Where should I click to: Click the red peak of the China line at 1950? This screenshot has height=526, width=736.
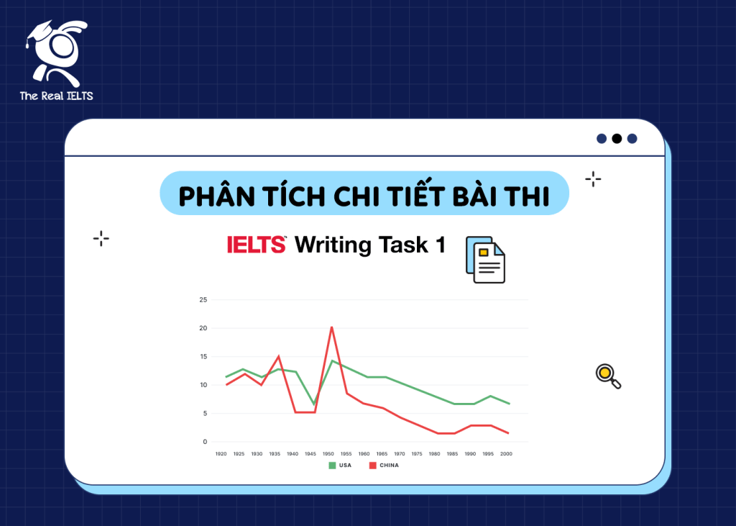click(331, 327)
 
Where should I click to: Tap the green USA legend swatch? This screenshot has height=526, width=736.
click(332, 466)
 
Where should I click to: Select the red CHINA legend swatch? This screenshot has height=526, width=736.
click(372, 466)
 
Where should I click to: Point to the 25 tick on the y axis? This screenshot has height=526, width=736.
click(203, 299)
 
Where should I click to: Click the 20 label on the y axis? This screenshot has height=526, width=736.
click(203, 328)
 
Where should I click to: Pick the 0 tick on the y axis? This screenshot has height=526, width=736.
click(205, 442)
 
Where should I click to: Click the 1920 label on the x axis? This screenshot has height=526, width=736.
click(221, 455)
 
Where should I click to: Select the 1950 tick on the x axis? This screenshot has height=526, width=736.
click(328, 455)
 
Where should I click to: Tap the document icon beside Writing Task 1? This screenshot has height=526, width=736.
click(485, 260)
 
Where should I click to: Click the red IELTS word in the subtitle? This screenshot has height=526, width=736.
click(257, 245)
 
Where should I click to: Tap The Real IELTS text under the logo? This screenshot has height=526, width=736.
click(56, 96)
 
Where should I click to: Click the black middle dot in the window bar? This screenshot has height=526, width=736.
click(616, 138)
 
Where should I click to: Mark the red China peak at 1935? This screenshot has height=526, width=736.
click(278, 356)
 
